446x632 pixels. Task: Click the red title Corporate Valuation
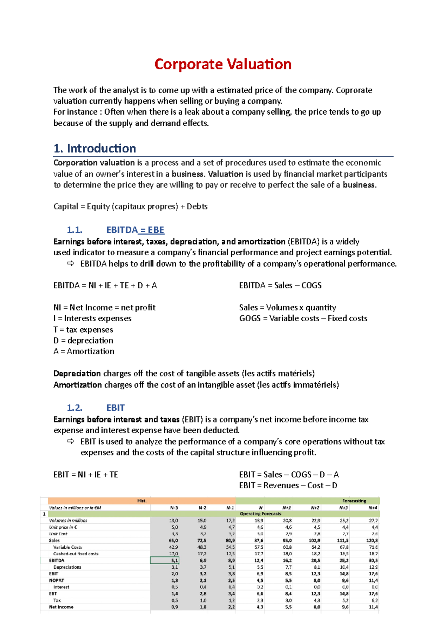click(x=223, y=64)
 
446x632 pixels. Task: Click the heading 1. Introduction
click(x=95, y=148)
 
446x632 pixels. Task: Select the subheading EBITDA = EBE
click(x=135, y=230)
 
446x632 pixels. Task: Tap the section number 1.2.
click(x=74, y=408)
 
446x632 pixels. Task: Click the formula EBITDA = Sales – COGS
click(x=280, y=285)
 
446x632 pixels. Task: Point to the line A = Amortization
click(x=84, y=351)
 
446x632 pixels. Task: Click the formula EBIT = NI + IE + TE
click(x=86, y=475)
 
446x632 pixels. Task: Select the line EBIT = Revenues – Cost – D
click(x=288, y=485)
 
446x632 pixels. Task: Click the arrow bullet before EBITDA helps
click(x=71, y=264)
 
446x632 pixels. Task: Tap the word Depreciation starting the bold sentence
click(x=77, y=373)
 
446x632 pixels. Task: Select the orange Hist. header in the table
click(x=142, y=501)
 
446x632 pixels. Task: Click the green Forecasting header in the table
click(x=354, y=501)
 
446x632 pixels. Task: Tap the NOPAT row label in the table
click(x=56, y=580)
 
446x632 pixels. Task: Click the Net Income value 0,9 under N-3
click(x=174, y=607)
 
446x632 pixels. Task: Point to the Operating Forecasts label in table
click(x=260, y=514)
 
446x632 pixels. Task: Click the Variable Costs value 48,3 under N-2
click(x=202, y=547)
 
